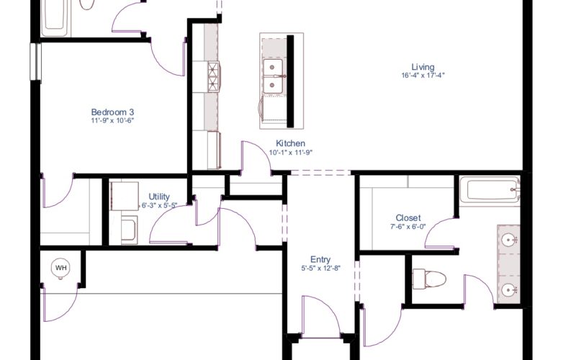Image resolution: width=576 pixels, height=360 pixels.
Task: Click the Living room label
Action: click(423, 67)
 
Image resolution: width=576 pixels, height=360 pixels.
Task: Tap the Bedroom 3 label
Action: click(112, 112)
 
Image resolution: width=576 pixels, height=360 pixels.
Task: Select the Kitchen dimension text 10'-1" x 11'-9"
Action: click(291, 153)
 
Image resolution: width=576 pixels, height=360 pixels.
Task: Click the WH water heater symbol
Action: click(60, 268)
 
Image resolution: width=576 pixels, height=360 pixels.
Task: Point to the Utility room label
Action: click(159, 197)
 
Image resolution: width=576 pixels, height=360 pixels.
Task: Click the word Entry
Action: click(320, 260)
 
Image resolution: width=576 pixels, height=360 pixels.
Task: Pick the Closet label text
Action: click(408, 218)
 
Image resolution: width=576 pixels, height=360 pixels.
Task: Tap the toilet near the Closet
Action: click(429, 279)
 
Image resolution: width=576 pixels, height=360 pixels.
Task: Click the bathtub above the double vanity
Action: click(490, 189)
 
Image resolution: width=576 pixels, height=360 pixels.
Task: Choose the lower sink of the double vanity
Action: click(509, 290)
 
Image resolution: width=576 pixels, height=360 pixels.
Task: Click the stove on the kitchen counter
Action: click(214, 77)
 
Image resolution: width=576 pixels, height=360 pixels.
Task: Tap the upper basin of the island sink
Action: click(273, 67)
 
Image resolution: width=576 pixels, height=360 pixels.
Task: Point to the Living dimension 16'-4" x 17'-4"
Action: click(423, 76)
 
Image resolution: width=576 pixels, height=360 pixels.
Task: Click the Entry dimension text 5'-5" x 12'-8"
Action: click(320, 268)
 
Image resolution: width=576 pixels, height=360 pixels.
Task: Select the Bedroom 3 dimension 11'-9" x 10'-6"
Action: click(112, 120)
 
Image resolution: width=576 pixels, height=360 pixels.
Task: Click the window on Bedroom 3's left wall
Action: click(35, 61)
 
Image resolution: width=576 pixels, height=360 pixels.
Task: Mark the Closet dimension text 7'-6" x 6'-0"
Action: click(408, 227)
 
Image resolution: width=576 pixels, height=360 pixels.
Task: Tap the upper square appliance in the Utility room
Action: click(125, 196)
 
